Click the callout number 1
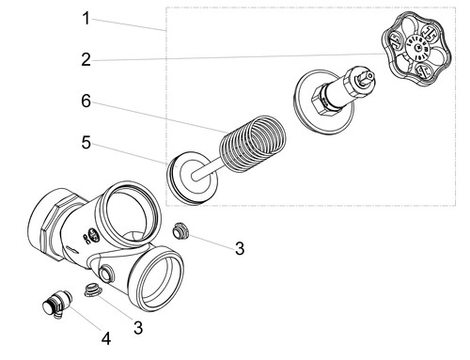[x=86, y=18]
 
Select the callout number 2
[x=86, y=59]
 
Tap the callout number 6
[x=86, y=101]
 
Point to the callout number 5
[x=86, y=143]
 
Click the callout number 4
[x=106, y=338]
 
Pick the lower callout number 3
[x=138, y=328]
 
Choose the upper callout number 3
[x=240, y=248]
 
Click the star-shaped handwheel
[x=416, y=49]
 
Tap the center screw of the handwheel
[x=418, y=48]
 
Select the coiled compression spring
[x=253, y=144]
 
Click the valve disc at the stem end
[x=192, y=178]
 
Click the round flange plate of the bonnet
[x=324, y=102]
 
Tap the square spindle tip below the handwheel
[x=367, y=77]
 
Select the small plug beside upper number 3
[x=180, y=231]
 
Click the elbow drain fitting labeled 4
[x=56, y=304]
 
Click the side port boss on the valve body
[x=106, y=273]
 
